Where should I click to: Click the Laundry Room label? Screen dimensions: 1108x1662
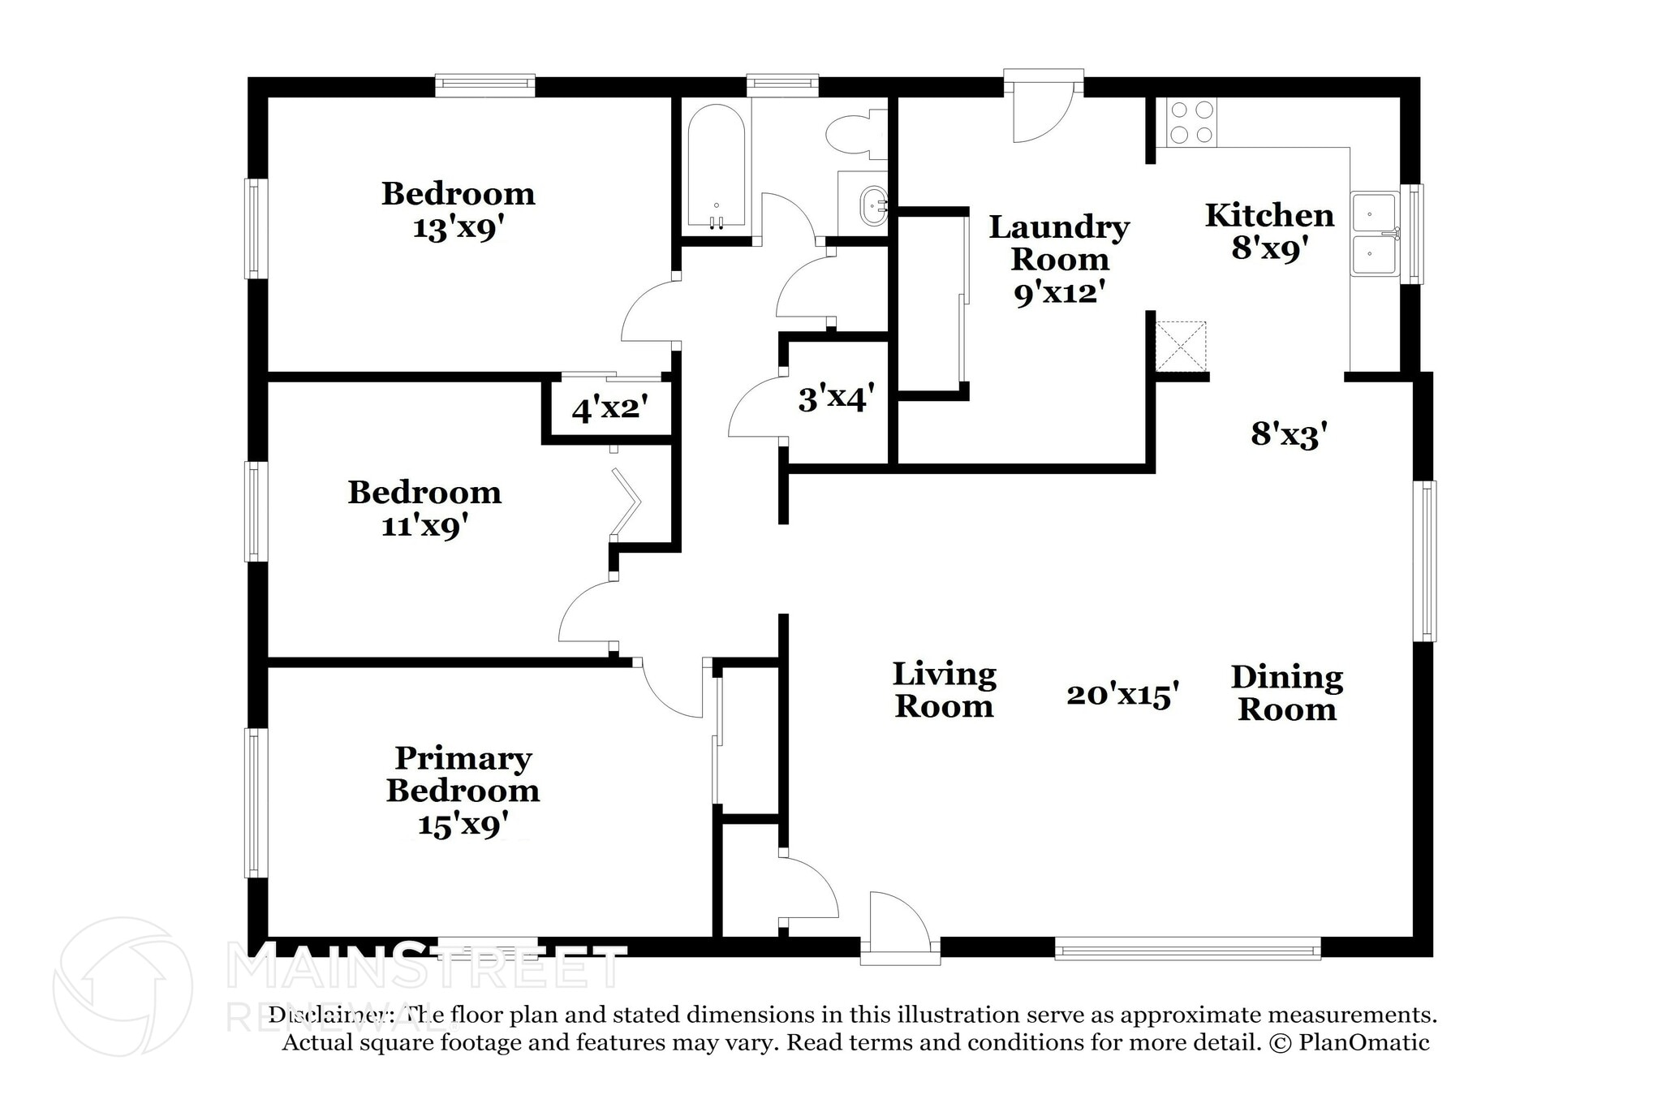point(1059,243)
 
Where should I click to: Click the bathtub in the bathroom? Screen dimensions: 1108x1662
point(716,166)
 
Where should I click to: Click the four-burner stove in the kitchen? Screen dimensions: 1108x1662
point(1191,122)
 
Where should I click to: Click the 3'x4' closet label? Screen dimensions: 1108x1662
point(836,399)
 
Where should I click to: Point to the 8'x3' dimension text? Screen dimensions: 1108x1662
point(1289,434)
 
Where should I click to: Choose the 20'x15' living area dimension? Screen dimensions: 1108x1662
point(1122,695)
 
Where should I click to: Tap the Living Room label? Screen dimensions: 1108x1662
point(944,690)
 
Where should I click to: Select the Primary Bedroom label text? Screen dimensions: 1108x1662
point(463,774)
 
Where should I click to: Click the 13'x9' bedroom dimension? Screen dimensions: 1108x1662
point(458,228)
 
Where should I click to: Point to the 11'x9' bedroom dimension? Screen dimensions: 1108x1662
point(424,527)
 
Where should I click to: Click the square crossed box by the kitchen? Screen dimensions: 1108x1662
point(1181,346)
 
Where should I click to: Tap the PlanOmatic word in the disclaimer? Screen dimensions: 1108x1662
point(1363,1042)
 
